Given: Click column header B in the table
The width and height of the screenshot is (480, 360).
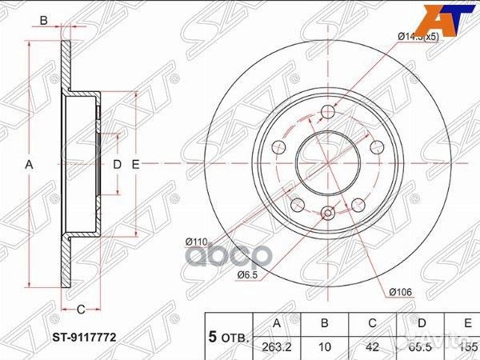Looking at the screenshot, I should [x=325, y=323].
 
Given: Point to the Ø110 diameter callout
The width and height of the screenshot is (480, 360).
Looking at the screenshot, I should [x=197, y=240].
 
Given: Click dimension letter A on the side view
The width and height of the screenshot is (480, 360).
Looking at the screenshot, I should [x=30, y=164].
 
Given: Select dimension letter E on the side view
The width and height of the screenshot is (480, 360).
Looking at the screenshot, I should [x=135, y=164].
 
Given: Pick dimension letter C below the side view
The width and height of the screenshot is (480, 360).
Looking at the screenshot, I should [x=81, y=310].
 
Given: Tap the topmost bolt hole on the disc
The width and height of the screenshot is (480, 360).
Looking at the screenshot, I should [x=326, y=111].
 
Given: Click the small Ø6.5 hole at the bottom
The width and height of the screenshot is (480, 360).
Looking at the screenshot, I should [x=326, y=213].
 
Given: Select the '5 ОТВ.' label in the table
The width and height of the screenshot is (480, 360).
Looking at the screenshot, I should [x=229, y=338].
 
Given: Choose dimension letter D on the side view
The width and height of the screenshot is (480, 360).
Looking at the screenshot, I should [x=116, y=164].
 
